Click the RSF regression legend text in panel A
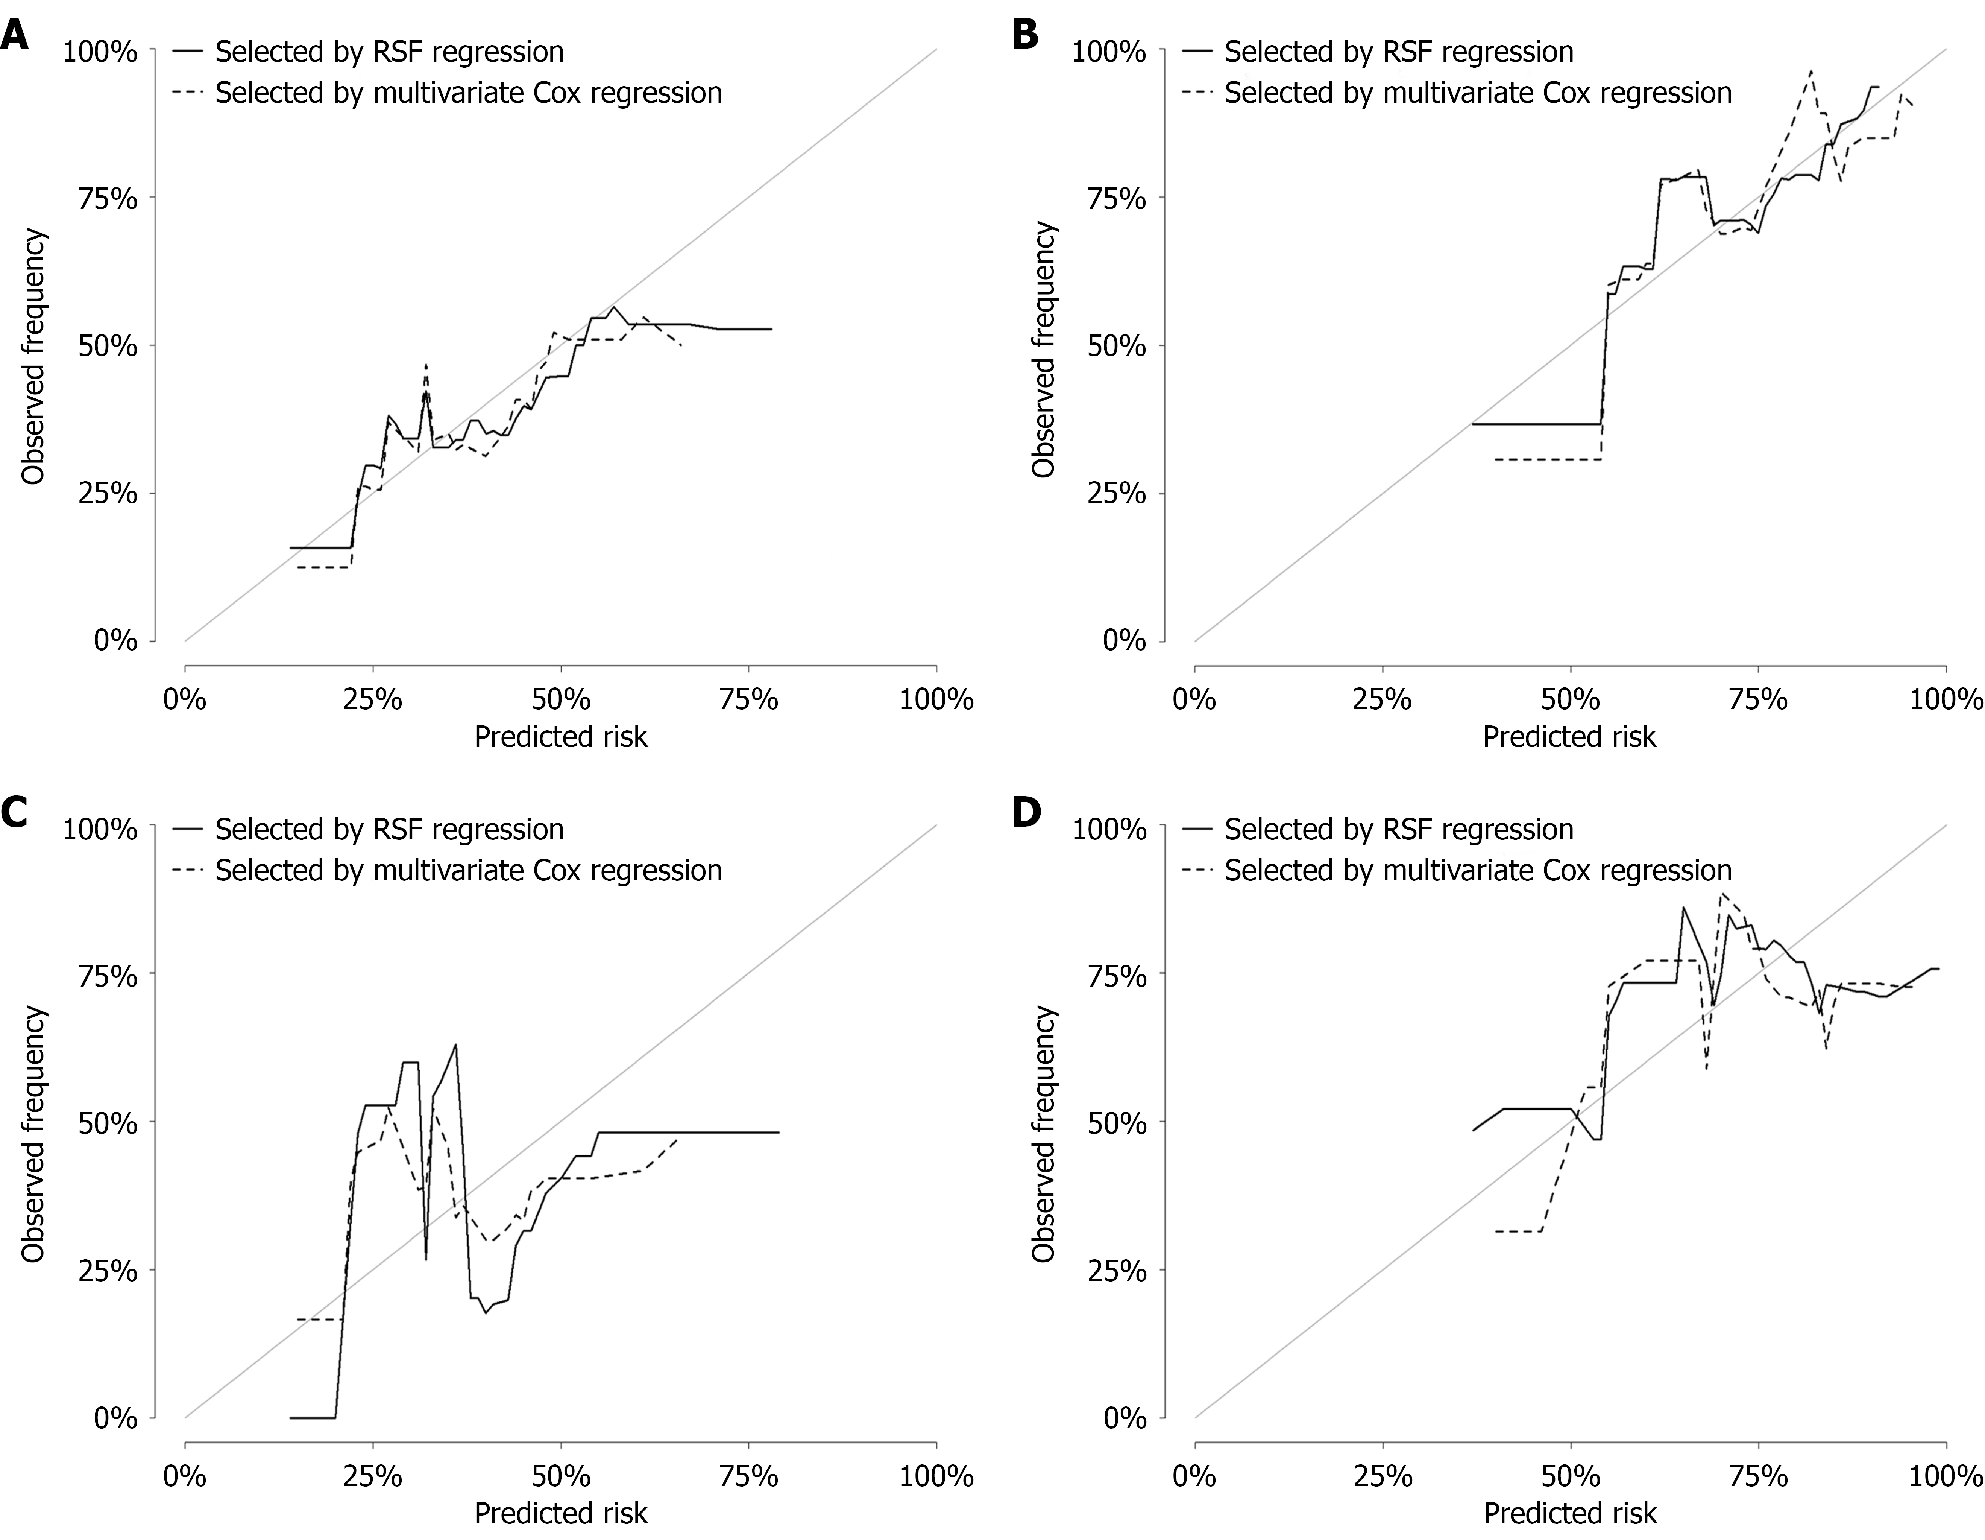click(389, 52)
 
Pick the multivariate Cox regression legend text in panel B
click(1478, 93)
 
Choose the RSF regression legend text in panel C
click(389, 829)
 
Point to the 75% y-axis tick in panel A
click(107, 198)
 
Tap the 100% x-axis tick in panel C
click(936, 1476)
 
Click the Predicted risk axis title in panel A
click(561, 736)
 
